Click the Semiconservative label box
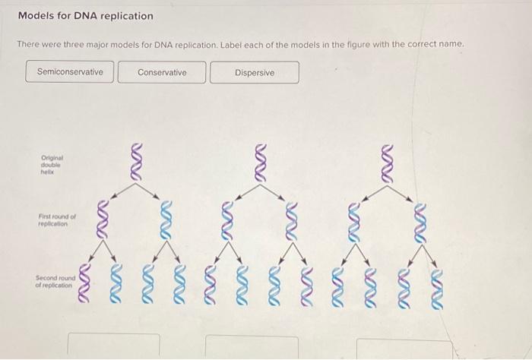(70, 72)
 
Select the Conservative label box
(162, 72)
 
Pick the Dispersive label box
(255, 73)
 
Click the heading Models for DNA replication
(85, 16)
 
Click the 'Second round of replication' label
(53, 283)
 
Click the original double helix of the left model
(135, 162)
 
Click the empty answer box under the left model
(114, 346)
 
